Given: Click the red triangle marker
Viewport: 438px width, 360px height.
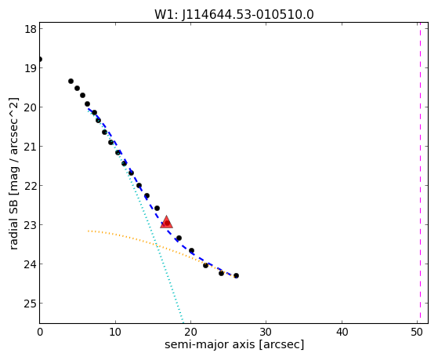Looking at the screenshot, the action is click(x=166, y=222).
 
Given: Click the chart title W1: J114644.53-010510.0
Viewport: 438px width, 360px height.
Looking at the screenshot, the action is click(x=234, y=15).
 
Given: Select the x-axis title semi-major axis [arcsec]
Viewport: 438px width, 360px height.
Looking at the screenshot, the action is click(x=234, y=344).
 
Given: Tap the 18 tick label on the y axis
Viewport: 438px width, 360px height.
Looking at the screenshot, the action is click(x=31, y=29).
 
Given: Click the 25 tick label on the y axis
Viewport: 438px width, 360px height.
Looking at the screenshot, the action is click(x=31, y=304).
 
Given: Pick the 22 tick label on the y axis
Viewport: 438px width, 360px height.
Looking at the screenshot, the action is click(x=31, y=185).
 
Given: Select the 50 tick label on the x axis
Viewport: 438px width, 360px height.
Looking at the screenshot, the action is click(x=417, y=332).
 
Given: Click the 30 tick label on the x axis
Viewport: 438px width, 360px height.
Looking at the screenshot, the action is click(x=266, y=332).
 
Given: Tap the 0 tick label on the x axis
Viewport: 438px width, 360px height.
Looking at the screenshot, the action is click(x=40, y=332).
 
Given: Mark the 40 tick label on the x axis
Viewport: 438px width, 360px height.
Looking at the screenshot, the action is click(x=342, y=332).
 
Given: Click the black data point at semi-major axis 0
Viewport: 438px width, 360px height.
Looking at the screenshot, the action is click(x=40, y=60).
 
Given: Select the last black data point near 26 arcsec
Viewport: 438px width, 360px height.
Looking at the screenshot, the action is click(x=236, y=275).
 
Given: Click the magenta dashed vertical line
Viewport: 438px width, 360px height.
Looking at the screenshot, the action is click(x=420, y=173).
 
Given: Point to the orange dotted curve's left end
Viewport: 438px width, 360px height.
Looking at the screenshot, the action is click(x=88, y=231).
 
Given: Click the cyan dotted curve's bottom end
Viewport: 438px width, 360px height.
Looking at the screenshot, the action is click(x=183, y=322).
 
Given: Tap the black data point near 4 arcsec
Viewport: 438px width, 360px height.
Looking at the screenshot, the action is click(x=71, y=81).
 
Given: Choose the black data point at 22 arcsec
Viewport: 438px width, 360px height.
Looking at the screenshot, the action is click(x=205, y=265).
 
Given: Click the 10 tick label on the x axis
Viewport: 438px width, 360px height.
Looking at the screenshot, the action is click(x=115, y=332).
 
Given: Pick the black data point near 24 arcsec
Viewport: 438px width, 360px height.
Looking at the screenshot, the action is click(x=221, y=273).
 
